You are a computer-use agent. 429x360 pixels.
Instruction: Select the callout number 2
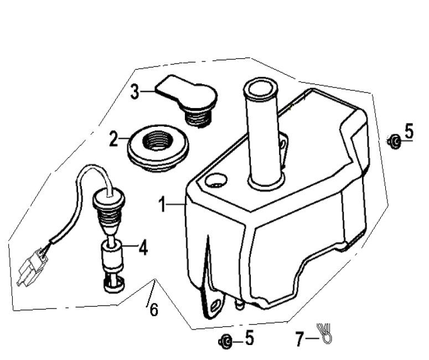coord(113,139)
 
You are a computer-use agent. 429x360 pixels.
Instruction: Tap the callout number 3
coord(135,91)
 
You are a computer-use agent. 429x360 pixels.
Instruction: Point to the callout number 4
coord(143,248)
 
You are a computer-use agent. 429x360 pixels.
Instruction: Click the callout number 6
coord(153,310)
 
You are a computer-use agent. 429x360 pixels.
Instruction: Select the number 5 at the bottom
coord(249,338)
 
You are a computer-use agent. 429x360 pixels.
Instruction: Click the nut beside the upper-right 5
coord(394,142)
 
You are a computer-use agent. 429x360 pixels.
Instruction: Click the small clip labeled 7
coord(324,332)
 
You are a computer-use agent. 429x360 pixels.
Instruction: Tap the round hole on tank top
coord(216,180)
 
